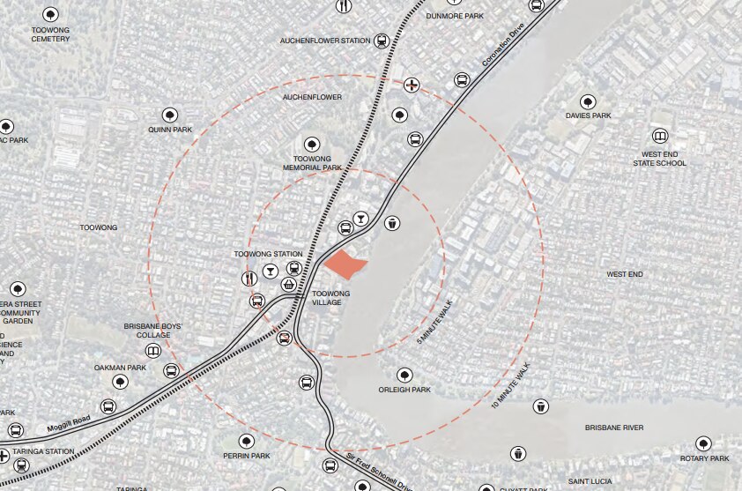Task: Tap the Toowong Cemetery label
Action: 50,34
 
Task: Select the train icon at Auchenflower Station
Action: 382,41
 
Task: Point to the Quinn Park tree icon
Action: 170,115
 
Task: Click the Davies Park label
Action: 589,115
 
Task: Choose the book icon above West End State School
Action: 659,137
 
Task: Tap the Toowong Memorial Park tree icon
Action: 311,145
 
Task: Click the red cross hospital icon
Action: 412,86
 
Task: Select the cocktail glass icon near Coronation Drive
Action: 360,218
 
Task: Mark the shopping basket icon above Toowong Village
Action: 289,284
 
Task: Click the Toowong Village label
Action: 331,298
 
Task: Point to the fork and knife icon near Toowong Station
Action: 249,278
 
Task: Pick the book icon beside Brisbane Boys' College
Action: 153,351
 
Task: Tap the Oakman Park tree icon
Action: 120,382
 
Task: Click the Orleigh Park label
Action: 404,389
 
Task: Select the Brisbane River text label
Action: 614,428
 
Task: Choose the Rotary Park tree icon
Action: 702,443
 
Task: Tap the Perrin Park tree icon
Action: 247,442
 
